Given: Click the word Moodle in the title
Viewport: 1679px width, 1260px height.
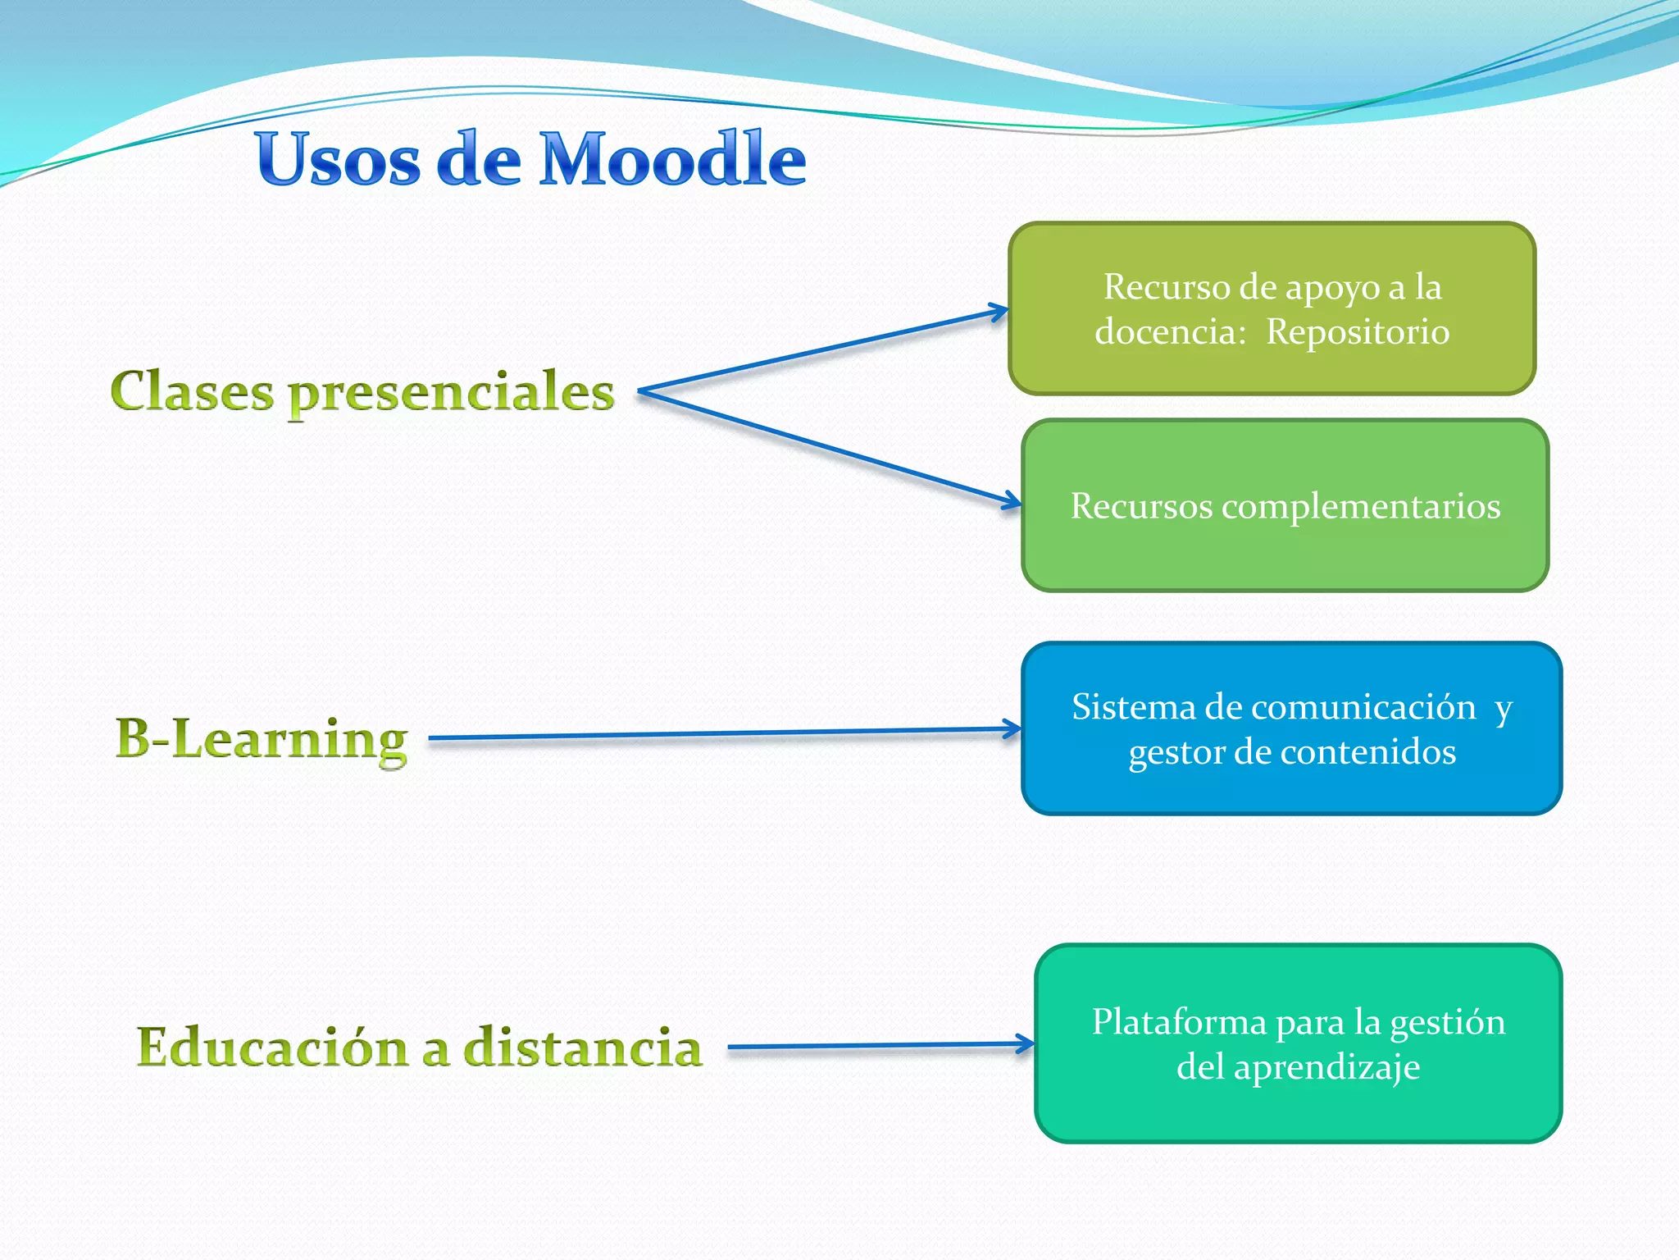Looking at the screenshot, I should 672,159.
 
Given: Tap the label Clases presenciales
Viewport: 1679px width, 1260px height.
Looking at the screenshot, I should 362,392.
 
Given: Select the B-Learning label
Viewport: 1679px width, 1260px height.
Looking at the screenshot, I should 262,738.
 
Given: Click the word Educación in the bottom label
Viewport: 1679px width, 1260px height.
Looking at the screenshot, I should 272,1048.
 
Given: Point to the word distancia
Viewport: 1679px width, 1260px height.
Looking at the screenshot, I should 582,1048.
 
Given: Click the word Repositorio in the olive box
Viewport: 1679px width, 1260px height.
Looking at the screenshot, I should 1358,332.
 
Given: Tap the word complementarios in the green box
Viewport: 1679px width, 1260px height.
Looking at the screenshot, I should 1361,506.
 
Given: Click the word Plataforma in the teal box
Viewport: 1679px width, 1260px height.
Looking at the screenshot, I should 1179,1022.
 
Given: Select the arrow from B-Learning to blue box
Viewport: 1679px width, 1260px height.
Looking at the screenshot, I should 721,733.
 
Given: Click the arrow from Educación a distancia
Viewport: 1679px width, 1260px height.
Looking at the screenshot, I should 877,1046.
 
